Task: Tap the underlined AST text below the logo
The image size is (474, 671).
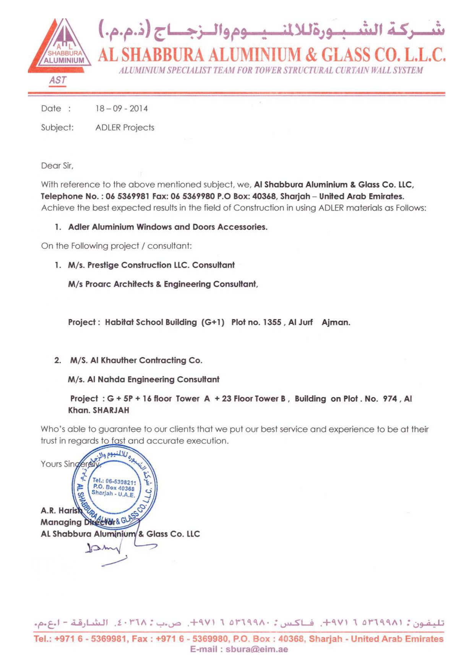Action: pyautogui.click(x=57, y=80)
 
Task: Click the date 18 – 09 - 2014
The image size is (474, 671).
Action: pyautogui.click(x=122, y=109)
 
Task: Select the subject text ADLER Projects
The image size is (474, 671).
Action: pyautogui.click(x=125, y=128)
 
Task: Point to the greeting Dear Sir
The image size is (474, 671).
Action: pyautogui.click(x=57, y=166)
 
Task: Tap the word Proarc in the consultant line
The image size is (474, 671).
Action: pyautogui.click(x=98, y=284)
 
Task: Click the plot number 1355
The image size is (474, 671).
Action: pyautogui.click(x=272, y=322)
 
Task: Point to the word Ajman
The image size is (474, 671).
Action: pyautogui.click(x=336, y=322)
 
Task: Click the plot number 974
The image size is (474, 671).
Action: pyautogui.click(x=390, y=399)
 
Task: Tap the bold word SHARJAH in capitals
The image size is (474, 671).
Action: pyautogui.click(x=111, y=410)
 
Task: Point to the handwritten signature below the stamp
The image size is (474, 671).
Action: pyautogui.click(x=115, y=551)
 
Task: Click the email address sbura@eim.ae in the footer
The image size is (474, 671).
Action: pyautogui.click(x=256, y=649)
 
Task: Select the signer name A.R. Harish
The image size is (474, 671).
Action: pyautogui.click(x=61, y=511)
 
